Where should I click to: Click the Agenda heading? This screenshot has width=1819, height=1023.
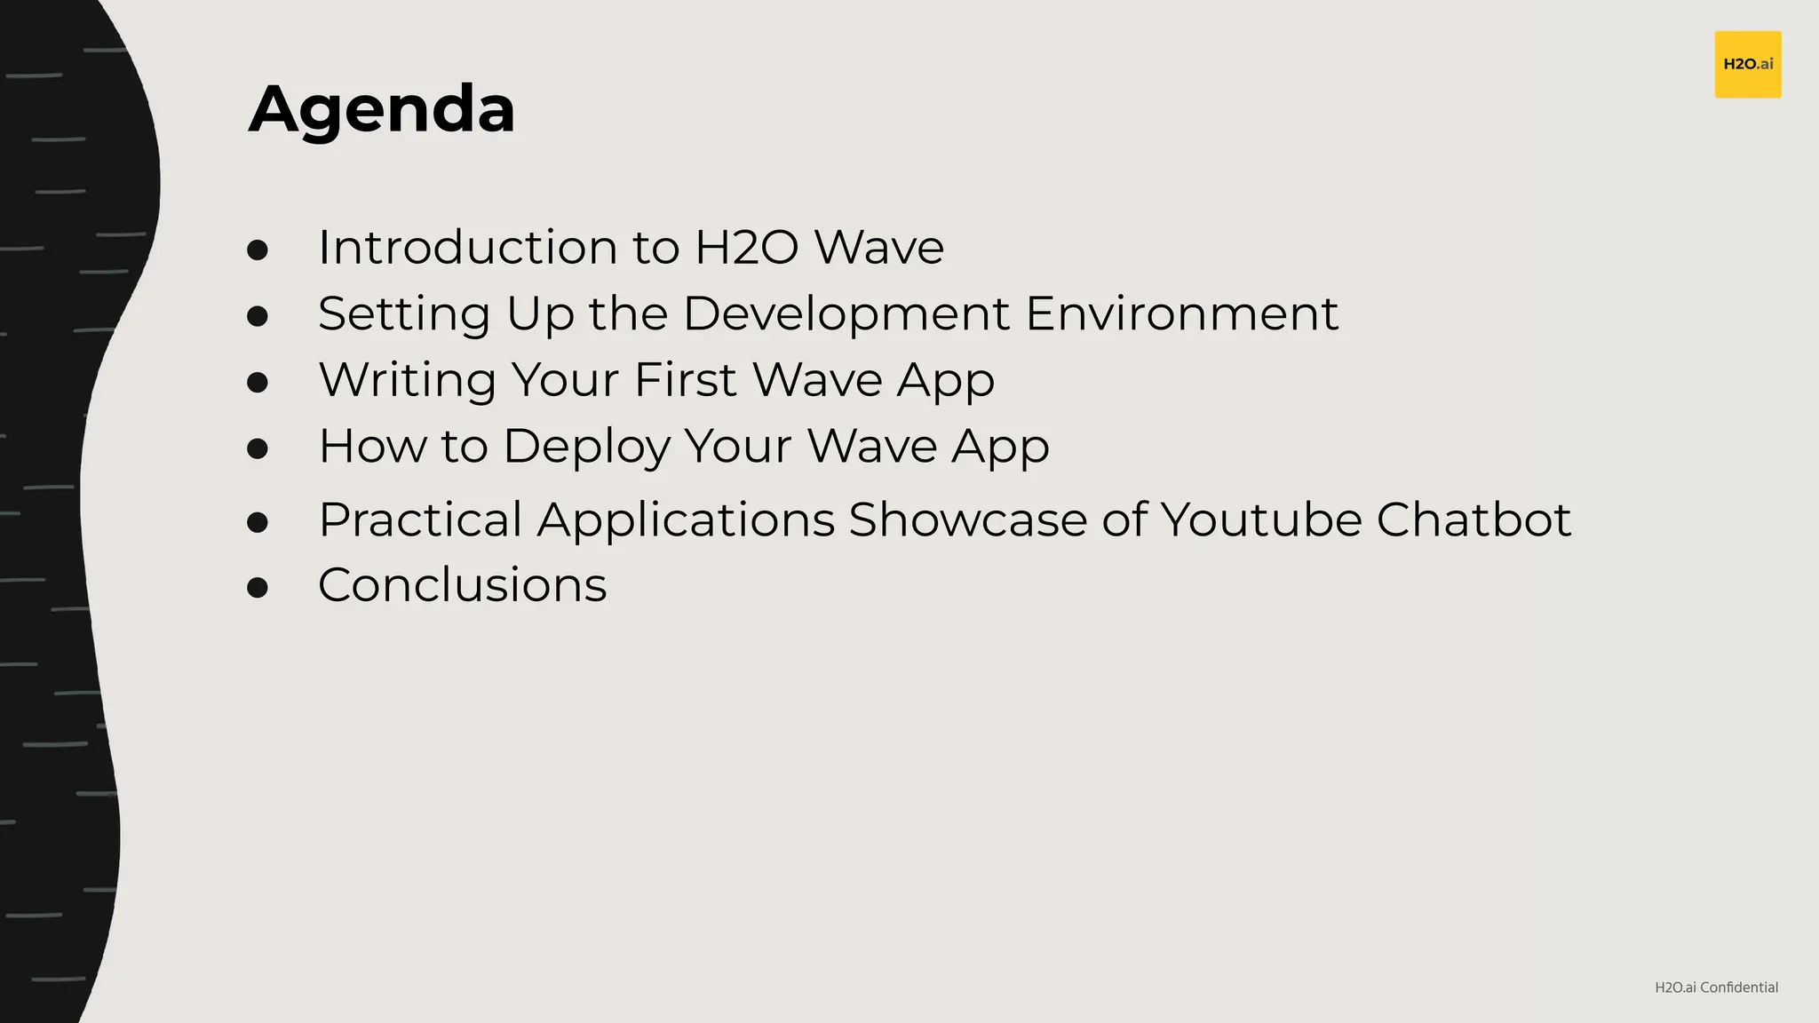click(x=382, y=110)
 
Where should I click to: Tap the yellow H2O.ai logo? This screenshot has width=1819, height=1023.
click(x=1747, y=64)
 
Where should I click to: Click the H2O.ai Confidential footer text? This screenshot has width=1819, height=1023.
click(x=1716, y=987)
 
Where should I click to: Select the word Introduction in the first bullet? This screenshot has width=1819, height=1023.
click(x=467, y=247)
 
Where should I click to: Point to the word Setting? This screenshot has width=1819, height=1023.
click(x=404, y=313)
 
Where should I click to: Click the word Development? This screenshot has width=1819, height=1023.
click(x=846, y=313)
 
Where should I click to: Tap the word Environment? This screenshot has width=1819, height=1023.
click(x=1181, y=313)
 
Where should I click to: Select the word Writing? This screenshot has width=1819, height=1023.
click(x=407, y=380)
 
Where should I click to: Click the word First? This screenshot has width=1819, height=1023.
click(x=686, y=380)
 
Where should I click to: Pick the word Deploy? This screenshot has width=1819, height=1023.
click(x=586, y=447)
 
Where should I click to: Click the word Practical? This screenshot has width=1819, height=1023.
click(x=420, y=519)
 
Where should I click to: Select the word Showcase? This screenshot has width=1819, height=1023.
click(x=967, y=519)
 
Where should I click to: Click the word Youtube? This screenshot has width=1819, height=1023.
click(x=1260, y=519)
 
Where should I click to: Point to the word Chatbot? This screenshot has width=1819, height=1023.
click(x=1473, y=519)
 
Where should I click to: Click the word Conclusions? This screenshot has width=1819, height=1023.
click(x=462, y=585)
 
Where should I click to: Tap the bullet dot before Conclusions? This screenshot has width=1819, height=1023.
click(x=258, y=587)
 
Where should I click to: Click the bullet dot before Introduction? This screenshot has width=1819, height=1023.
click(x=258, y=250)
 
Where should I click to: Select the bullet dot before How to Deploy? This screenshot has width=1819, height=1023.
click(x=258, y=448)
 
